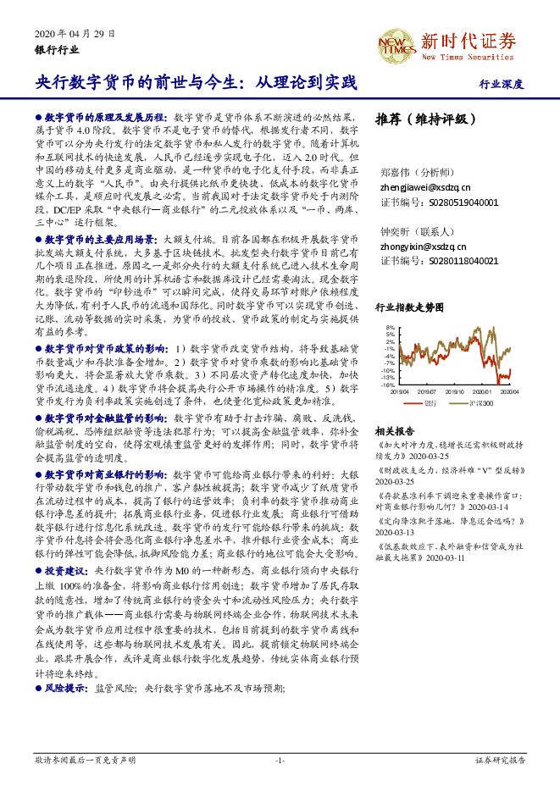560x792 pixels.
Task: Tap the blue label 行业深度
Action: (502, 85)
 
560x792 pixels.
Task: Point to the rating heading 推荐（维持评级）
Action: (421, 119)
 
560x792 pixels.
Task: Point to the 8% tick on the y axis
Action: (390, 327)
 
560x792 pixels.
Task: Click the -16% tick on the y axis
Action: (388, 385)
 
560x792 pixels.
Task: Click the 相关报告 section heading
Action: (395, 430)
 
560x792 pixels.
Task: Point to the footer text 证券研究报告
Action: (501, 761)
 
